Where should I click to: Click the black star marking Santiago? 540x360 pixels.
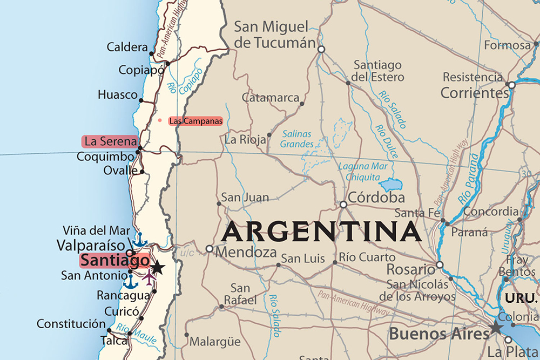click(157, 267)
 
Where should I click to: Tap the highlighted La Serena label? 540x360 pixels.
click(110, 141)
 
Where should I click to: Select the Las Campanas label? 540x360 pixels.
click(195, 121)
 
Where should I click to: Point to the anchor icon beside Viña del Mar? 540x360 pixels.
click(140, 239)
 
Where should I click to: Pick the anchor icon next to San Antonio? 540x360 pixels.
click(130, 281)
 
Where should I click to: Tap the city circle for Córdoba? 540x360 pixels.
click(343, 205)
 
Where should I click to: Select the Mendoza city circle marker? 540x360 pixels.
click(210, 249)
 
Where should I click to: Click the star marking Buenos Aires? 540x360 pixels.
click(495, 327)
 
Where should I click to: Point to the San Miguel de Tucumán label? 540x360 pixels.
click(275, 35)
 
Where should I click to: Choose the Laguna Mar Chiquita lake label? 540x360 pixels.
click(363, 172)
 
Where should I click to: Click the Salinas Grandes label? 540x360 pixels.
click(297, 139)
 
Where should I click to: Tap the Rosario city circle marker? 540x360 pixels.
click(440, 264)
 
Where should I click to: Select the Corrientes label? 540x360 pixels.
click(475, 93)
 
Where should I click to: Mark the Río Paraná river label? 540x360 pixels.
click(469, 178)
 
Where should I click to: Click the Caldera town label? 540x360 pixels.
click(127, 47)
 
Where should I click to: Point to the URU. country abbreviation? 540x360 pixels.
click(521, 298)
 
